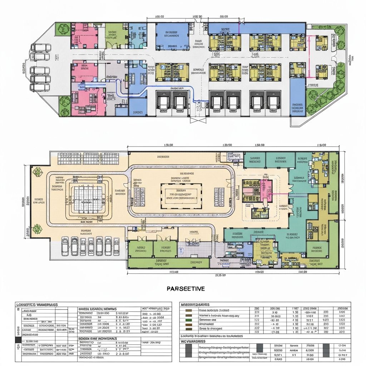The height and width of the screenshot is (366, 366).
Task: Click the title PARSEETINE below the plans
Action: point(186,289)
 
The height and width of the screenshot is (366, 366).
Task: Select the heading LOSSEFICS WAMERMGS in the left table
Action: point(37,305)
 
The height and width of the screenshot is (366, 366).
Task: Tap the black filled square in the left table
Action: point(17,340)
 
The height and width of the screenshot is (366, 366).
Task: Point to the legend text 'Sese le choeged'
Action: point(211,328)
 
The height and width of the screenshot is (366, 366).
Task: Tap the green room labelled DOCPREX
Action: point(195,262)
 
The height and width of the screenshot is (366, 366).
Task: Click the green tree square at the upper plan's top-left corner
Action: point(63,29)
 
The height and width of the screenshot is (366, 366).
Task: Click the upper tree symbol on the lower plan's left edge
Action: point(37,172)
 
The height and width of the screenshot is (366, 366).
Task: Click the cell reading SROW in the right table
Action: point(278,345)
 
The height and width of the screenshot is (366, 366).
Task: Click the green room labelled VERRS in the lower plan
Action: point(140,249)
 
